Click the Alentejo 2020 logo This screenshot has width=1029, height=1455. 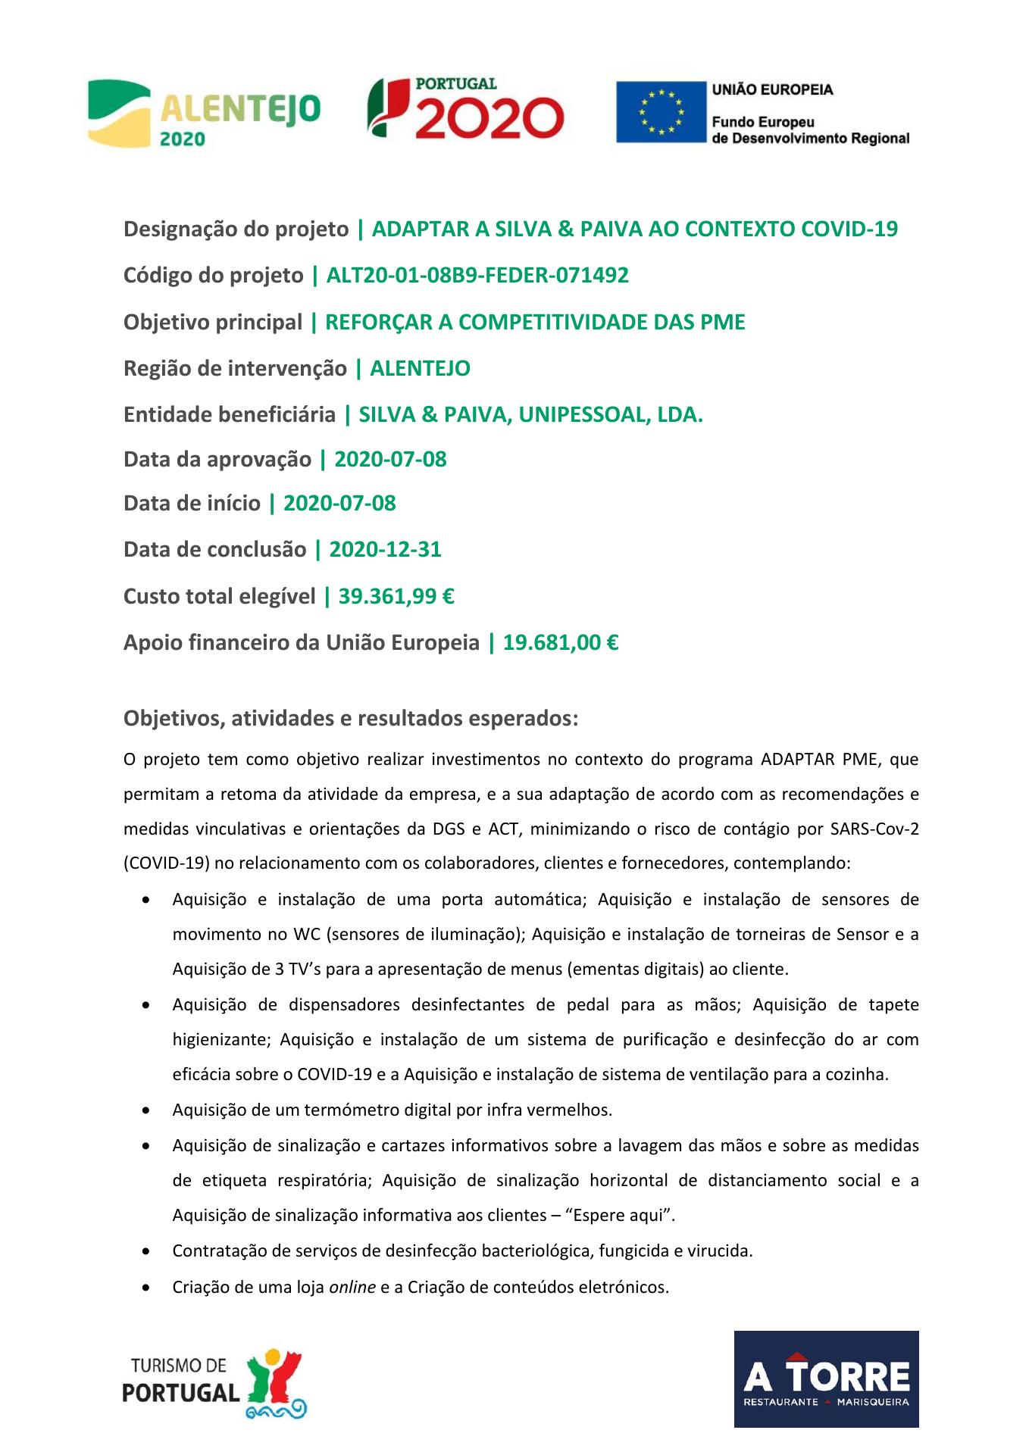[x=204, y=114]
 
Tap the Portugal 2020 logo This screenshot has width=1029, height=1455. [x=466, y=109]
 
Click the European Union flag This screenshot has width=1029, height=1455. [x=660, y=112]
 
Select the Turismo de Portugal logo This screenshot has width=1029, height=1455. [x=214, y=1382]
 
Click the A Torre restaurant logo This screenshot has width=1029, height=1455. [x=826, y=1379]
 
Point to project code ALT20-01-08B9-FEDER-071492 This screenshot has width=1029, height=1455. [x=477, y=276]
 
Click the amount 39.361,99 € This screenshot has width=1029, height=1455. [x=396, y=597]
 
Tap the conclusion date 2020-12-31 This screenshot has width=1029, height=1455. [x=385, y=550]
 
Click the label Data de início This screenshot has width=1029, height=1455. [x=192, y=504]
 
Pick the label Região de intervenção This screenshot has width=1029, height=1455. [x=235, y=369]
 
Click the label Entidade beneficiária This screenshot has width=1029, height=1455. [x=230, y=415]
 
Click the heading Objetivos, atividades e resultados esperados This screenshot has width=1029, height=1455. [x=351, y=718]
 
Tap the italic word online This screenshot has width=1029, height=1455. [x=352, y=1287]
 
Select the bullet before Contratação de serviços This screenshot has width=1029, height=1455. [x=145, y=1252]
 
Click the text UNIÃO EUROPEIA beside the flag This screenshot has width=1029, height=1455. [x=772, y=90]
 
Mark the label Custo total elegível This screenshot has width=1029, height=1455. [x=219, y=597]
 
